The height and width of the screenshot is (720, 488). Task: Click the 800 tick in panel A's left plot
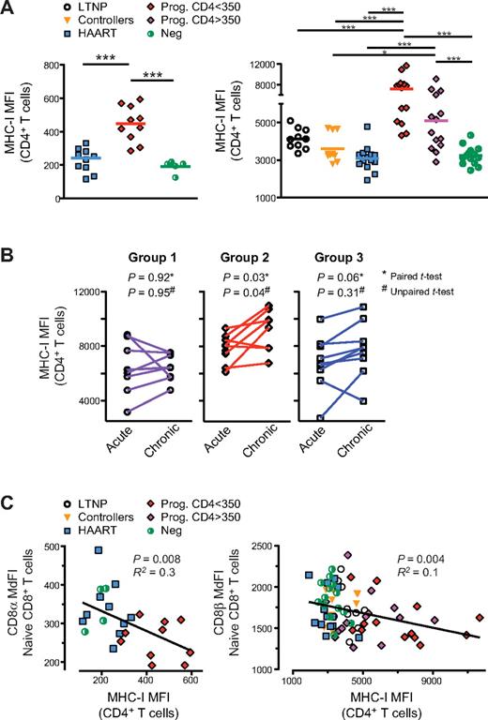point(36,64)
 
